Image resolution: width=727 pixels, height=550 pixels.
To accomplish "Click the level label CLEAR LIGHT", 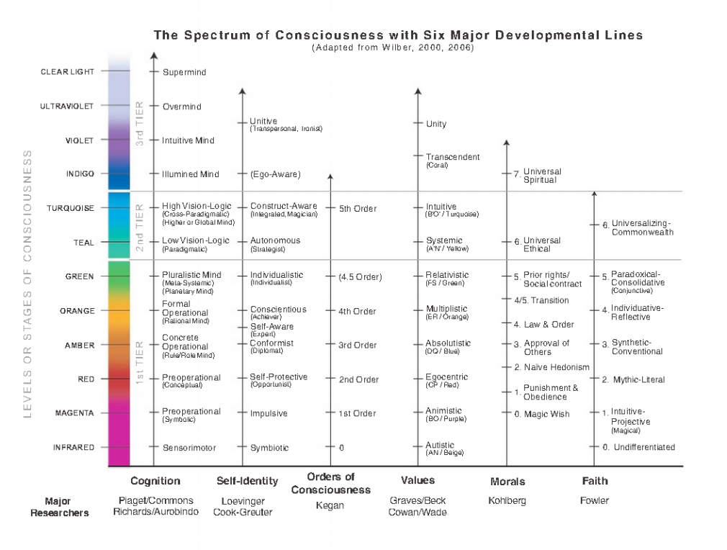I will click(68, 72).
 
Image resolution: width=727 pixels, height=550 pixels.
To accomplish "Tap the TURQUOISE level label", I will click(71, 209).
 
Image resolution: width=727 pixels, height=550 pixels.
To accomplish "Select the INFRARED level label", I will click(73, 448).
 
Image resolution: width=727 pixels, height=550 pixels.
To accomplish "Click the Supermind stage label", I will click(184, 73).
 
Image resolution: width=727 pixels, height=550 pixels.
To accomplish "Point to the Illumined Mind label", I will click(190, 174).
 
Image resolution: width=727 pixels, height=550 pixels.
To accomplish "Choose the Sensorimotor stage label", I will click(189, 448).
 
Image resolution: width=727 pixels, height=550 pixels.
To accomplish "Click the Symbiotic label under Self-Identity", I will click(269, 448).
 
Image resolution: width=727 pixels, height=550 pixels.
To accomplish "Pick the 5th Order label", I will click(358, 209).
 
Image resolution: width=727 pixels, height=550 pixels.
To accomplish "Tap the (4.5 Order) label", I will click(360, 277).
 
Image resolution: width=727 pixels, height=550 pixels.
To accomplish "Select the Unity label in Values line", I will click(436, 124).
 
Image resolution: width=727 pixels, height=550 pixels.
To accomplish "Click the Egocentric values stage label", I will click(446, 377).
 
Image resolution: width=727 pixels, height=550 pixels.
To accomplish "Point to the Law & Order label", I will click(548, 325).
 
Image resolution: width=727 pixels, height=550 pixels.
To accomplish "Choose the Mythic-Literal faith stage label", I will click(638, 379).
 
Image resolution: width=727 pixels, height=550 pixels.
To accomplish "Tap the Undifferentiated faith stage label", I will click(643, 447).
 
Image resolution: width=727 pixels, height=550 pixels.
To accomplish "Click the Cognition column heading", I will click(155, 481).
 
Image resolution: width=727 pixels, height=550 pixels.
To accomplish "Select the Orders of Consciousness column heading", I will click(330, 483).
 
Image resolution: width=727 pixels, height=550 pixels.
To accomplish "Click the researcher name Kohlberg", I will click(507, 500).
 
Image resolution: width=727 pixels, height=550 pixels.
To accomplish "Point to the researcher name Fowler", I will click(595, 500).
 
